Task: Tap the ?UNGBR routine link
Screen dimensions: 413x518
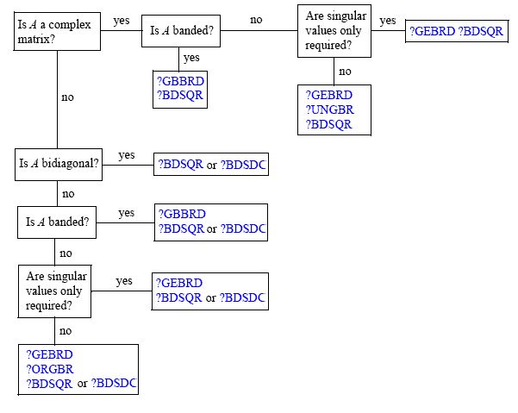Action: pos(330,110)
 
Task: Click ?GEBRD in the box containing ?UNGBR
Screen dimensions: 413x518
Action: pos(330,95)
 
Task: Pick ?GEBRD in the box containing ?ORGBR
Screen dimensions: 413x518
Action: pos(50,354)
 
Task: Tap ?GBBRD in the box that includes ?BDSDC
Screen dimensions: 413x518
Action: pos(182,214)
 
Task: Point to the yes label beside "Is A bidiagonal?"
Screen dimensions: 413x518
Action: pos(127,155)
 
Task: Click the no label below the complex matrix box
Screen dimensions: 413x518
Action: pos(68,97)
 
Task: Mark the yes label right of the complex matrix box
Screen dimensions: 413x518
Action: pos(122,21)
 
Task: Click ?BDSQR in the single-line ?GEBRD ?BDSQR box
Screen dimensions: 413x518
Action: pos(482,32)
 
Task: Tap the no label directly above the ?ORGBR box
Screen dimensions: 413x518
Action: pos(65,329)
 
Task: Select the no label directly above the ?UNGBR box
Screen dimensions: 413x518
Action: pos(345,71)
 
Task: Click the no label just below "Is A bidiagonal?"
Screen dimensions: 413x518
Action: pos(68,193)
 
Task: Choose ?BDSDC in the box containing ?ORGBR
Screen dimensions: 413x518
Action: pos(116,383)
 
